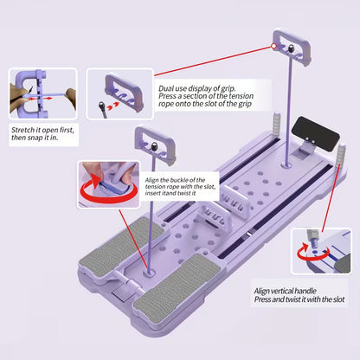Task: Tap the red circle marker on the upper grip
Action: pos(274,46)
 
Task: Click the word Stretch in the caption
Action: pos(22,130)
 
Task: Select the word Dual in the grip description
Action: pos(165,88)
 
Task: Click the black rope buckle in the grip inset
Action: pos(101,105)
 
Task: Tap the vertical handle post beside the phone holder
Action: pos(342,155)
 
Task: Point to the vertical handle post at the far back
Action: pos(277,124)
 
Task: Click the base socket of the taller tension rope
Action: pos(287,165)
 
